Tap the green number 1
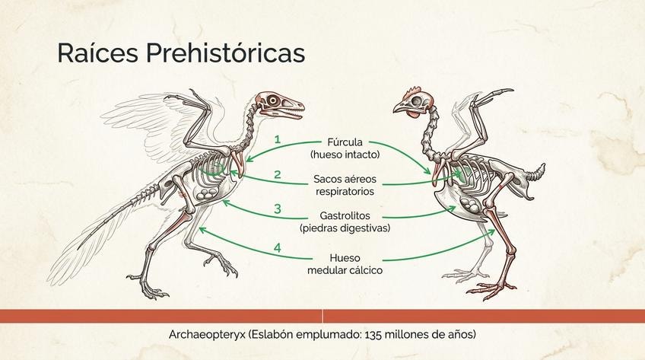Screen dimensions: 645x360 pos(278,139)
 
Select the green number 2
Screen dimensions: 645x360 pos(278,174)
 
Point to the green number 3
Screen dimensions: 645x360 pos(278,209)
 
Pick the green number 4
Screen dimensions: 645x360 pos(278,247)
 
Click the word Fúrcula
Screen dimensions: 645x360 pos(345,142)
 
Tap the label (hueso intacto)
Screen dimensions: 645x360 pos(345,155)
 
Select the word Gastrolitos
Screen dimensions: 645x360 pos(345,215)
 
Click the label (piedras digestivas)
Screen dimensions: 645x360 pos(345,228)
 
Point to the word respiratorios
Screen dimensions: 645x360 pos(345,192)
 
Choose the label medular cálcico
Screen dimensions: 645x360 pos(345,270)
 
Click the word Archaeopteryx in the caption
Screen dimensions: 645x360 pos(207,334)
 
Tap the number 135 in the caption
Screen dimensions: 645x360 pos(372,334)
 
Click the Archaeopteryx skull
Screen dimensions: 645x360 pos(280,105)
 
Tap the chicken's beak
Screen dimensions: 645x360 pos(400,108)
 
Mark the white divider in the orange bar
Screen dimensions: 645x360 pos(322,316)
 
